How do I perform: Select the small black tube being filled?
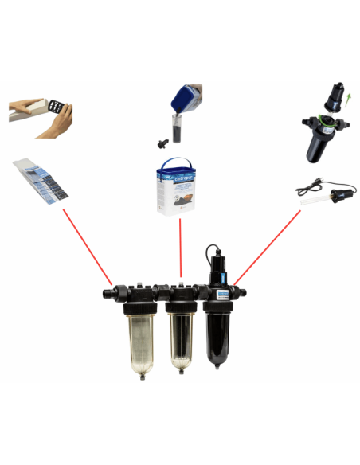click(x=170, y=127)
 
